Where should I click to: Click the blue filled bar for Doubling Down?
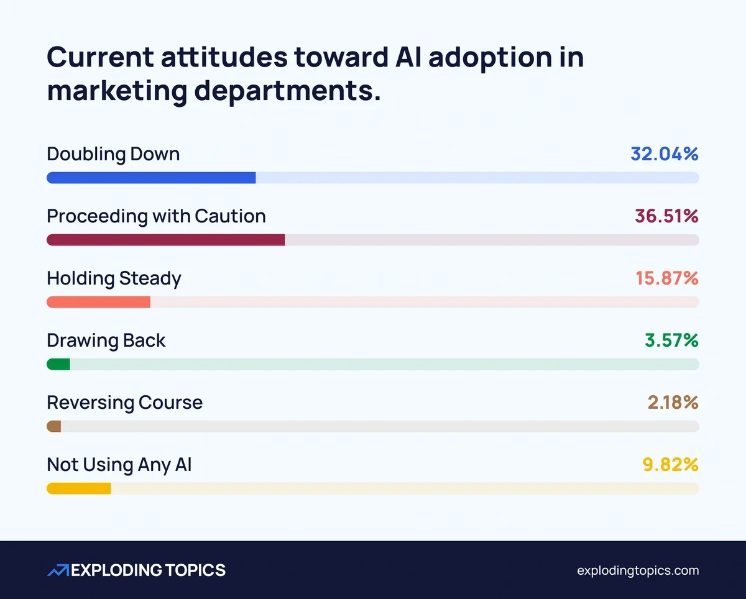(x=151, y=178)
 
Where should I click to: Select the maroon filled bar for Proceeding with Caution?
(x=165, y=240)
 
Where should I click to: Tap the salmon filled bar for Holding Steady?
(x=98, y=302)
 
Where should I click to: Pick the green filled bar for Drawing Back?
(x=58, y=364)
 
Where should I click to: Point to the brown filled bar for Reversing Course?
(x=54, y=426)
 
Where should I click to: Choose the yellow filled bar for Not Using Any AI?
(x=78, y=488)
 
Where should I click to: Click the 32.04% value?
(x=664, y=154)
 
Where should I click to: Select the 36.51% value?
(x=666, y=216)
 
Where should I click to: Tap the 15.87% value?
(x=666, y=278)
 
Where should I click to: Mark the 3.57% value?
(x=671, y=341)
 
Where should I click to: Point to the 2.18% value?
(x=673, y=403)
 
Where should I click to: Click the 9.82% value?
(x=670, y=465)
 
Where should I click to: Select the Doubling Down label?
(x=113, y=154)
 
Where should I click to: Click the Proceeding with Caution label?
(x=156, y=216)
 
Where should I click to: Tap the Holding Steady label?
(x=114, y=278)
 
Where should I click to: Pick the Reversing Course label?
(x=124, y=403)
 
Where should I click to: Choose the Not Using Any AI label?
(x=119, y=465)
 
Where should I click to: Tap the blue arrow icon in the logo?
(x=58, y=570)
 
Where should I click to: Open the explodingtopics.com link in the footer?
(x=638, y=570)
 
